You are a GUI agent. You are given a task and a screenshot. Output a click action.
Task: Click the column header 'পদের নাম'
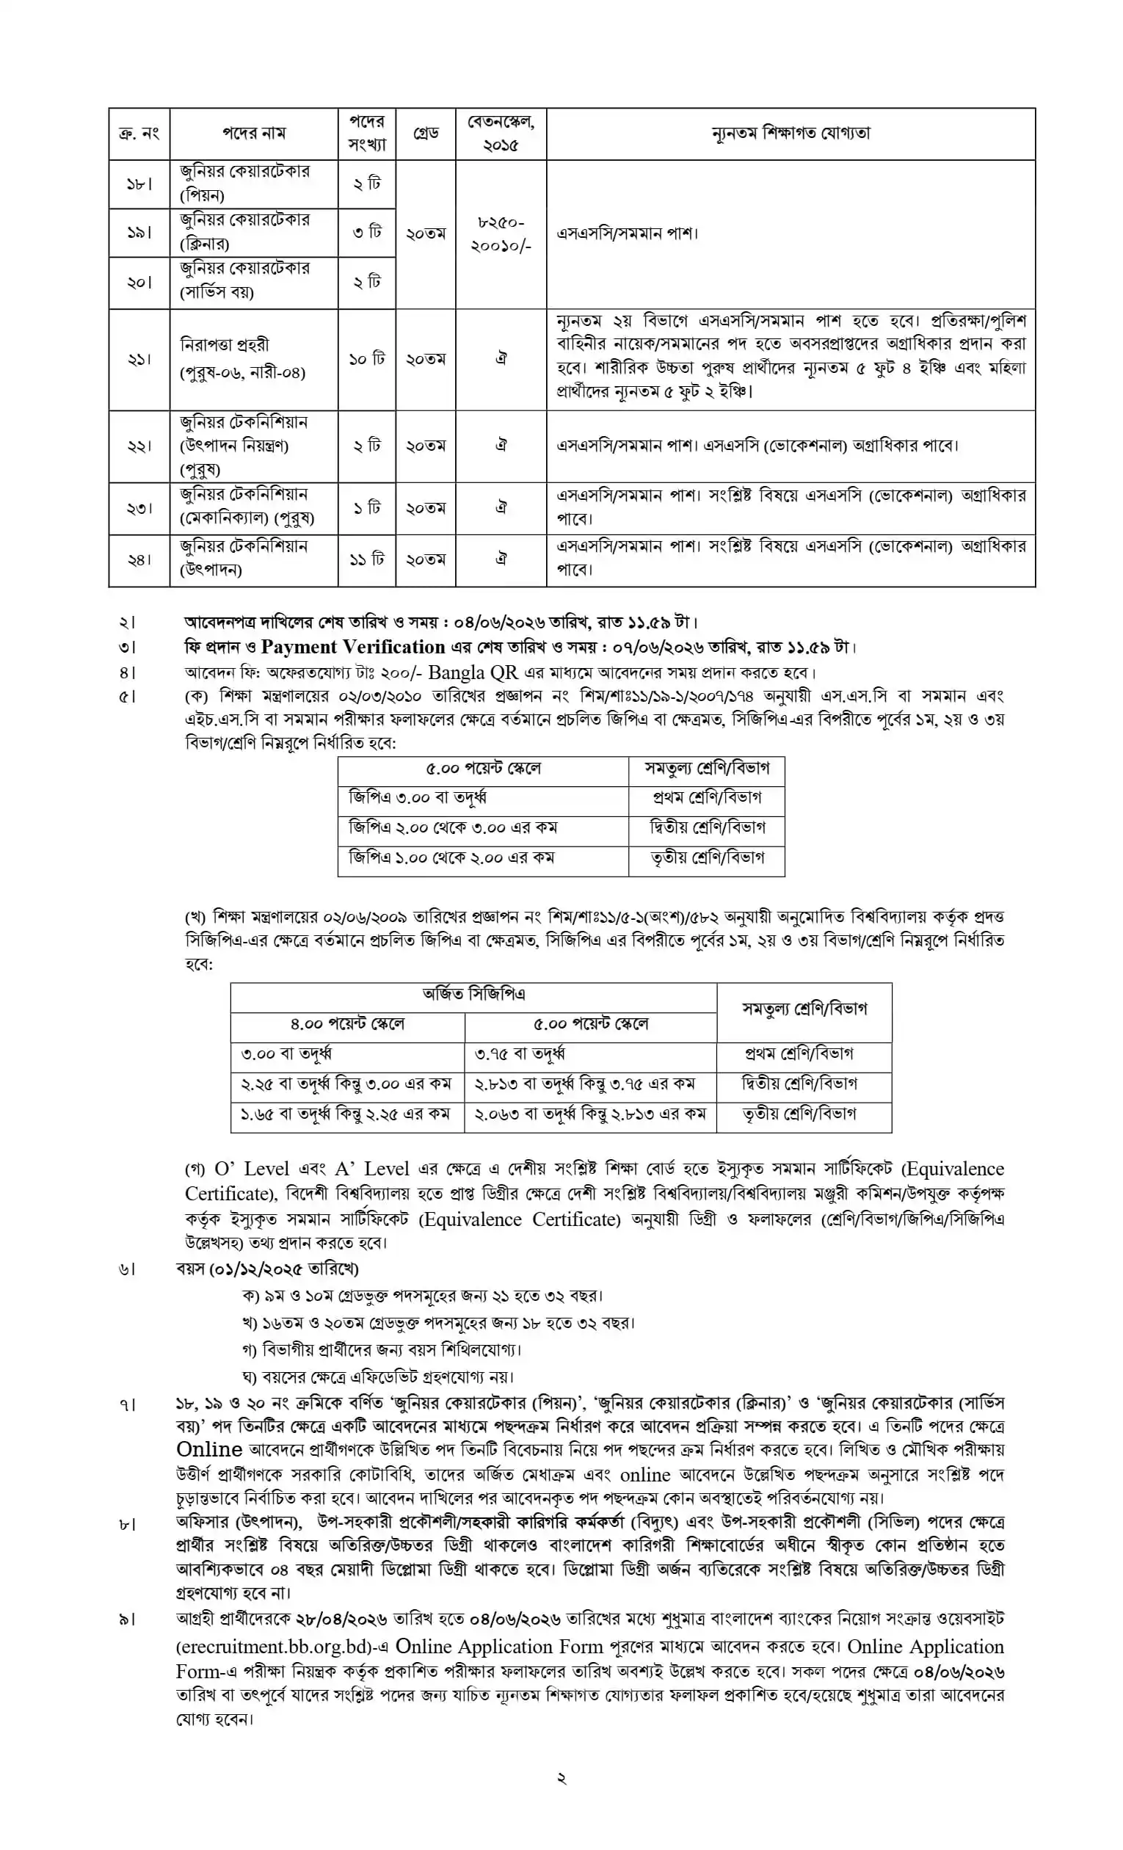click(x=253, y=134)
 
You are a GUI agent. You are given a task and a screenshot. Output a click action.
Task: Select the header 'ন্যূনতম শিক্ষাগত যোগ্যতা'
click(x=791, y=134)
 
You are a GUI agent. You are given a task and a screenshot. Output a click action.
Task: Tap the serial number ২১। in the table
click(x=139, y=359)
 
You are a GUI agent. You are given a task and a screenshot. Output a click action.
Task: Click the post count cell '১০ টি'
click(x=366, y=359)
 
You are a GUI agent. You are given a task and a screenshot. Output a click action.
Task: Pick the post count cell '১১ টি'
click(x=366, y=559)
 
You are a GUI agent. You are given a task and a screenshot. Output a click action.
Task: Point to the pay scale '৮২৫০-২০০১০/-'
click(x=501, y=233)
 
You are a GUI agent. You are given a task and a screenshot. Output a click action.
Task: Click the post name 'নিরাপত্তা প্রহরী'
click(x=225, y=344)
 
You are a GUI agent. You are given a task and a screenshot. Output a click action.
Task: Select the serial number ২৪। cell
click(x=139, y=559)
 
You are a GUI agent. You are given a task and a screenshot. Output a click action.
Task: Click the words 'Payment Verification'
click(x=353, y=647)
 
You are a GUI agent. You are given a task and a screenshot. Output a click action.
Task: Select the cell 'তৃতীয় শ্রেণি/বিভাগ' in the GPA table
click(x=707, y=857)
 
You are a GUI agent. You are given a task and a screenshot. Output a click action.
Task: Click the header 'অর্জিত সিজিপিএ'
click(x=473, y=994)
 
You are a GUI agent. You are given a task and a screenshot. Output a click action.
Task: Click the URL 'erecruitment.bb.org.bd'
click(x=275, y=1647)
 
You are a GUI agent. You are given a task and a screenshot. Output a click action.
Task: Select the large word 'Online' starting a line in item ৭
click(x=208, y=1450)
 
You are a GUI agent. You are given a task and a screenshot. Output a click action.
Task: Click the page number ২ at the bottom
click(x=561, y=1777)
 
